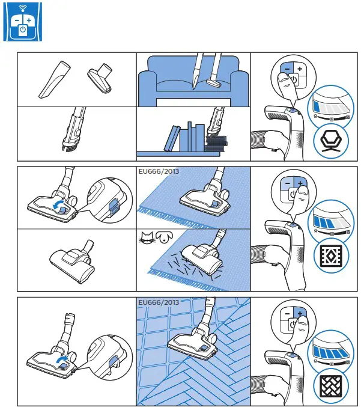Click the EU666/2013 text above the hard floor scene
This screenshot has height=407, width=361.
pos(158,302)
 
